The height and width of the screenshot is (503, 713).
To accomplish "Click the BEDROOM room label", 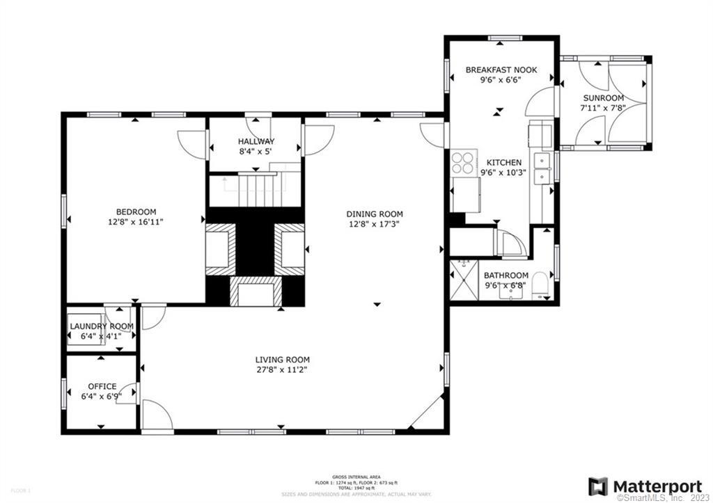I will pyautogui.click(x=136, y=212).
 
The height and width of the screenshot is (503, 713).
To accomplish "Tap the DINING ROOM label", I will pyautogui.click(x=376, y=214).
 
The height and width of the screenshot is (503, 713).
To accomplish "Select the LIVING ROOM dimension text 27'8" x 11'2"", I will pyautogui.click(x=282, y=369).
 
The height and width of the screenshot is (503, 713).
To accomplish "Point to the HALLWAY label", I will pyautogui.click(x=256, y=141).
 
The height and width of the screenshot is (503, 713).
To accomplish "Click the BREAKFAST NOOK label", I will pyautogui.click(x=500, y=70).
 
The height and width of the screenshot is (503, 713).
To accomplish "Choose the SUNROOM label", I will pyautogui.click(x=603, y=98).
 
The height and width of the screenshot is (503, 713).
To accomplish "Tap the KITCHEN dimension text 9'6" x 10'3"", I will pyautogui.click(x=504, y=173).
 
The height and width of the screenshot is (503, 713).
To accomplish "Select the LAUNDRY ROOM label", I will pyautogui.click(x=102, y=326).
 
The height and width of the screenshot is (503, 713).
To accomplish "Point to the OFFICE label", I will pyautogui.click(x=102, y=387).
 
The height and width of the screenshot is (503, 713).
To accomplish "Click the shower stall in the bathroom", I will pyautogui.click(x=463, y=280).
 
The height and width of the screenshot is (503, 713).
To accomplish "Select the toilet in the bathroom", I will pyautogui.click(x=542, y=292).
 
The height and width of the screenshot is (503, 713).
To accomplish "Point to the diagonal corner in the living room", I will pyautogui.click(x=427, y=412).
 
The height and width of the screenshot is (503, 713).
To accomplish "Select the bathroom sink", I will pyautogui.click(x=512, y=292).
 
